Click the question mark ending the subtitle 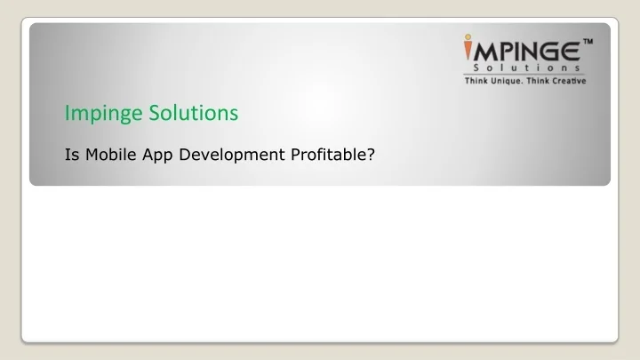pos(370,154)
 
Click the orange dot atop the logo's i pos(468,37)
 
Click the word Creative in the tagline pos(569,81)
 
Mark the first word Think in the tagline pos(475,81)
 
